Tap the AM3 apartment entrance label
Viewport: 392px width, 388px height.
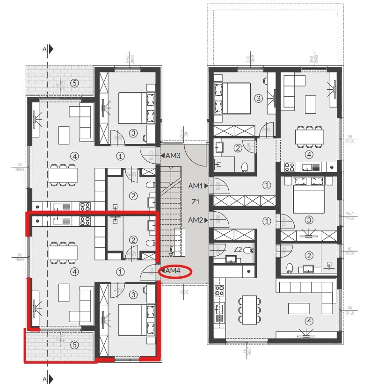173,155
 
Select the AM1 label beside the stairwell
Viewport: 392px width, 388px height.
195,186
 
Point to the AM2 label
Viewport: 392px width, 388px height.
195,220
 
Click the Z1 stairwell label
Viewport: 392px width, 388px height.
196,202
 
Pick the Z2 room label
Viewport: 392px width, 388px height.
238,249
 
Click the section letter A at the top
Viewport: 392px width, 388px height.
44,49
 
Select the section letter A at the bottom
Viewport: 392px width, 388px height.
44,379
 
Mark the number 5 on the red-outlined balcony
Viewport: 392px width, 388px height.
73,345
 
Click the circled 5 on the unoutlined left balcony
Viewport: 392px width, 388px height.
73,83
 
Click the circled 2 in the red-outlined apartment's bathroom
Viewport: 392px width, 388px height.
133,240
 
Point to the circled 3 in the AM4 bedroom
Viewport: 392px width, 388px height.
133,295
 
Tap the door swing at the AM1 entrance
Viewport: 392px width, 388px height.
219,187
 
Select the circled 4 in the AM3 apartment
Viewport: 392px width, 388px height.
73,155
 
